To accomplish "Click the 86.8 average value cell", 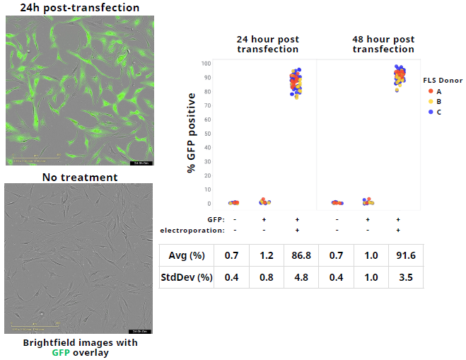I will pos(297,255).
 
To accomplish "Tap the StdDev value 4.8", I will pos(297,277).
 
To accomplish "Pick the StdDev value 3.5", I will pos(405,277).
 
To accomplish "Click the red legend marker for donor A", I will pos(431,91).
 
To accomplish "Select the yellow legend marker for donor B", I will pos(431,102).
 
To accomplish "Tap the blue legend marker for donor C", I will pos(431,112).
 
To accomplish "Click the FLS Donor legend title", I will pos(443,81).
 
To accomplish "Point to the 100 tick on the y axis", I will pos(206,64).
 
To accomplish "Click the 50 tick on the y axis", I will pos(207,133).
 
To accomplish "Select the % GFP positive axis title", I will pos(192,133).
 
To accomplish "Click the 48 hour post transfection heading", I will pos(383,44).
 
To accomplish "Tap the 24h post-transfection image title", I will pos(79,8).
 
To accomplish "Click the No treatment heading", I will pos(79,177).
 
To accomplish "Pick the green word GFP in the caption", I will pos(62,352).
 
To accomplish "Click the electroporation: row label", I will pos(192,231).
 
